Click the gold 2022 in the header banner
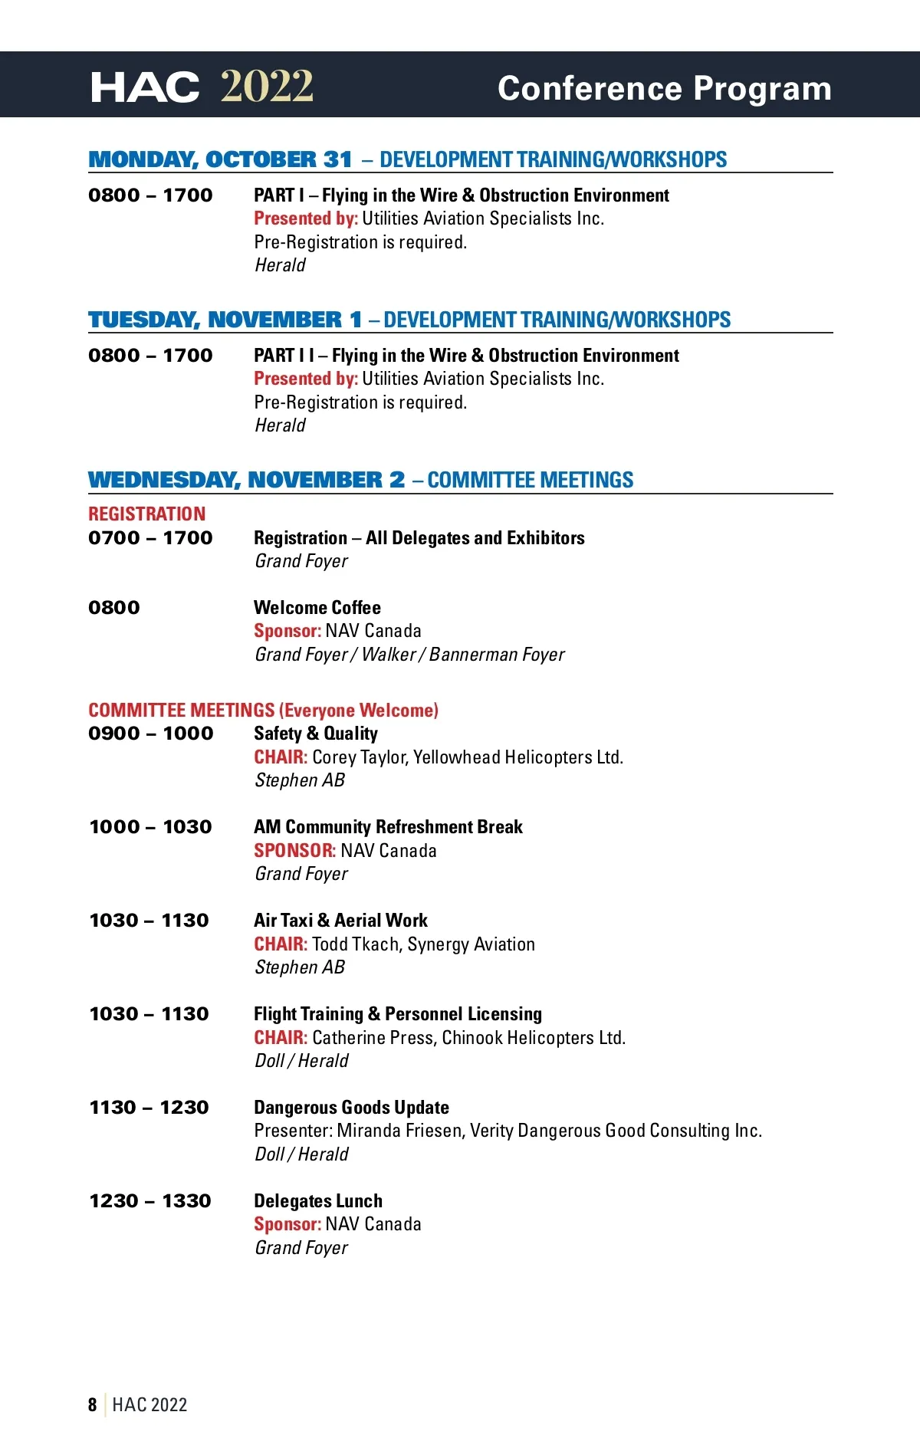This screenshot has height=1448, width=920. (x=267, y=87)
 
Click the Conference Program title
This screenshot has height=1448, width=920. (x=664, y=89)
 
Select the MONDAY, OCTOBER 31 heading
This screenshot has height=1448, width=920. (x=220, y=159)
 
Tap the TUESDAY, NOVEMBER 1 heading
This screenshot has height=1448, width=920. (x=225, y=320)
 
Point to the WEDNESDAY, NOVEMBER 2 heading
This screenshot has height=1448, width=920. (x=246, y=480)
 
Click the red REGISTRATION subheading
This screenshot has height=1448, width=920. (x=146, y=514)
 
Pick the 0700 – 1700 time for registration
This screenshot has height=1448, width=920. (x=150, y=538)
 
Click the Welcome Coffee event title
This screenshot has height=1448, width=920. (x=317, y=608)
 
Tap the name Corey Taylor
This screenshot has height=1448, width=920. (x=360, y=757)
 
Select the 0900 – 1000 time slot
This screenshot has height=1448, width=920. (x=150, y=734)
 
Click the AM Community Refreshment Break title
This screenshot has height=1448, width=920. (x=388, y=827)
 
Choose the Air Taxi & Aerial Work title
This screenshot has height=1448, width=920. (x=340, y=921)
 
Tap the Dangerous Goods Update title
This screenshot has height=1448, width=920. (x=351, y=1108)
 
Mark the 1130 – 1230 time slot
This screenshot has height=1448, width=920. (x=149, y=1108)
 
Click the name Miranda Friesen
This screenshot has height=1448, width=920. (x=399, y=1131)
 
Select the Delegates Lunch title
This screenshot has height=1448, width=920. (x=318, y=1201)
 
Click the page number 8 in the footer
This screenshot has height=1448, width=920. (x=93, y=1404)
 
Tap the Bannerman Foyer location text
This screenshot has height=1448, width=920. (x=497, y=655)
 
